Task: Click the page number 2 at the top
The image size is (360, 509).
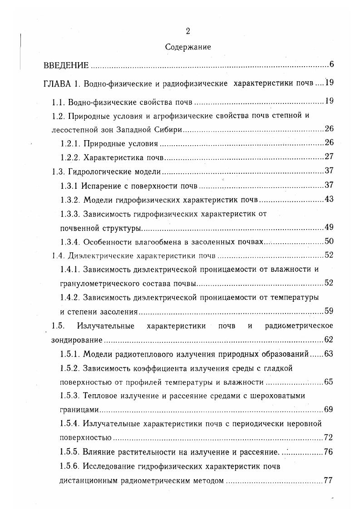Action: [x=187, y=31]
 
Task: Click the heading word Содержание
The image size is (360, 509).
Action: [x=187, y=46]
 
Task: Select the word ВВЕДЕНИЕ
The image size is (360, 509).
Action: [x=66, y=65]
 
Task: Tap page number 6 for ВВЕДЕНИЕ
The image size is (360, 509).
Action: [x=332, y=64]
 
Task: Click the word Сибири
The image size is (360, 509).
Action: [x=170, y=130]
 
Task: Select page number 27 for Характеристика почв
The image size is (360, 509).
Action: [x=329, y=157]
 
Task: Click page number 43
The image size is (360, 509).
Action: [x=329, y=200]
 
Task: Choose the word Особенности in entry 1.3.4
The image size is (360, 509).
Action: [x=106, y=242]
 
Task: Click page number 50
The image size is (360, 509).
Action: [x=329, y=241]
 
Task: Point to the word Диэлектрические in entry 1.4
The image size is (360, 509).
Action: [x=99, y=255]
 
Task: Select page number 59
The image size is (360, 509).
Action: [x=329, y=311]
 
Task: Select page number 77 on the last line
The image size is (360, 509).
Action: [x=329, y=480]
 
